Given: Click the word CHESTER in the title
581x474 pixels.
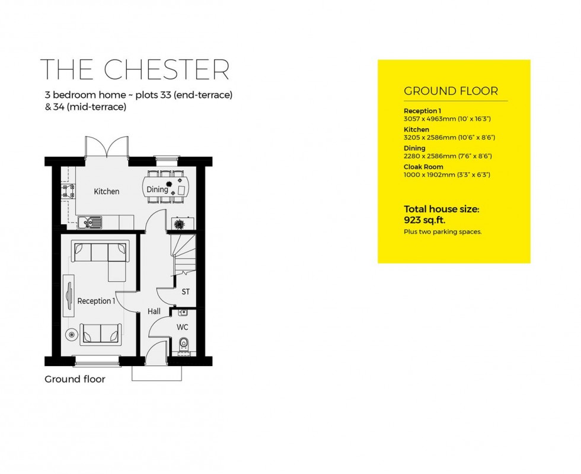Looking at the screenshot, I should tap(167, 69).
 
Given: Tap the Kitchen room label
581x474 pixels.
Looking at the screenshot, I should tap(107, 192).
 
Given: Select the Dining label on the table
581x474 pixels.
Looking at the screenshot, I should tap(158, 190).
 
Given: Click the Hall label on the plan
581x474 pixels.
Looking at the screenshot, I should tap(154, 311).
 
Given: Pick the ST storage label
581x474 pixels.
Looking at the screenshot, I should tap(186, 292).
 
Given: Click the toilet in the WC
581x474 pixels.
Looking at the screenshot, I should tap(183, 343).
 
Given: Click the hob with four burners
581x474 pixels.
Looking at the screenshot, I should tap(68, 191).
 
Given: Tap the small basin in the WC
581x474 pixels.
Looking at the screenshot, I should tap(183, 311).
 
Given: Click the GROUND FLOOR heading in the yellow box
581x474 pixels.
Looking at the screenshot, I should tap(451, 91).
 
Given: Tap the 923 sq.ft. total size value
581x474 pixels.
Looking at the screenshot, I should tap(424, 219).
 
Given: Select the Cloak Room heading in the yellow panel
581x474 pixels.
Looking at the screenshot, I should tap(423, 167).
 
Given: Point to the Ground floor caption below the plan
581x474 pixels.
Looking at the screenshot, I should tap(75, 379).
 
